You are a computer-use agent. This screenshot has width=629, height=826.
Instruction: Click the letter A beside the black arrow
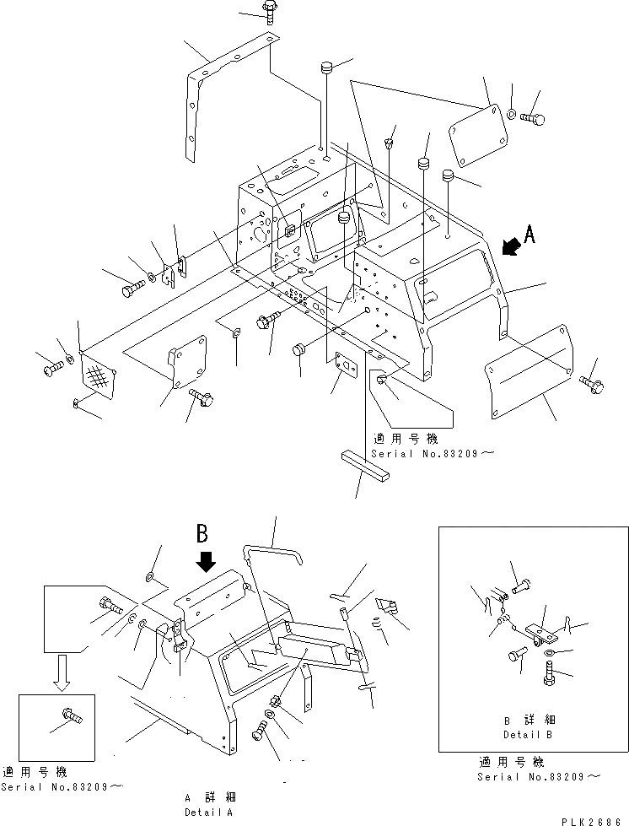[529, 236]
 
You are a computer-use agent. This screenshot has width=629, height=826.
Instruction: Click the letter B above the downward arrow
[203, 533]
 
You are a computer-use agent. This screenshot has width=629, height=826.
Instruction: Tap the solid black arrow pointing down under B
[204, 560]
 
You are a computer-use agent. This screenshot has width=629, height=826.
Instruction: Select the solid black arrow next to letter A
[509, 246]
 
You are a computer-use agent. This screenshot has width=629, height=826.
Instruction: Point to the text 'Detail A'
[210, 813]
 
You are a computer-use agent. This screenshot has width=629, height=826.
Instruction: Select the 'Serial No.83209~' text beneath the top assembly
[424, 454]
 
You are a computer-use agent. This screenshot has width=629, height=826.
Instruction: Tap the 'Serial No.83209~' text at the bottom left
[62, 786]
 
